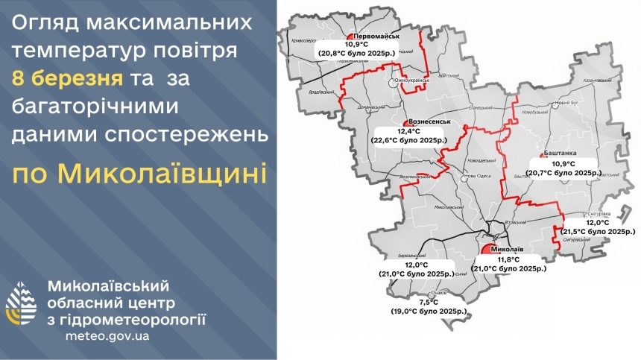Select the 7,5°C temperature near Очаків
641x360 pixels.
[x=429, y=302]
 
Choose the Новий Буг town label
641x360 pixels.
[x=567, y=102]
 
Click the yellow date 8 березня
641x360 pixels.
[x=68, y=78]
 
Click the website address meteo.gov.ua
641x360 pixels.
[x=107, y=336]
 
